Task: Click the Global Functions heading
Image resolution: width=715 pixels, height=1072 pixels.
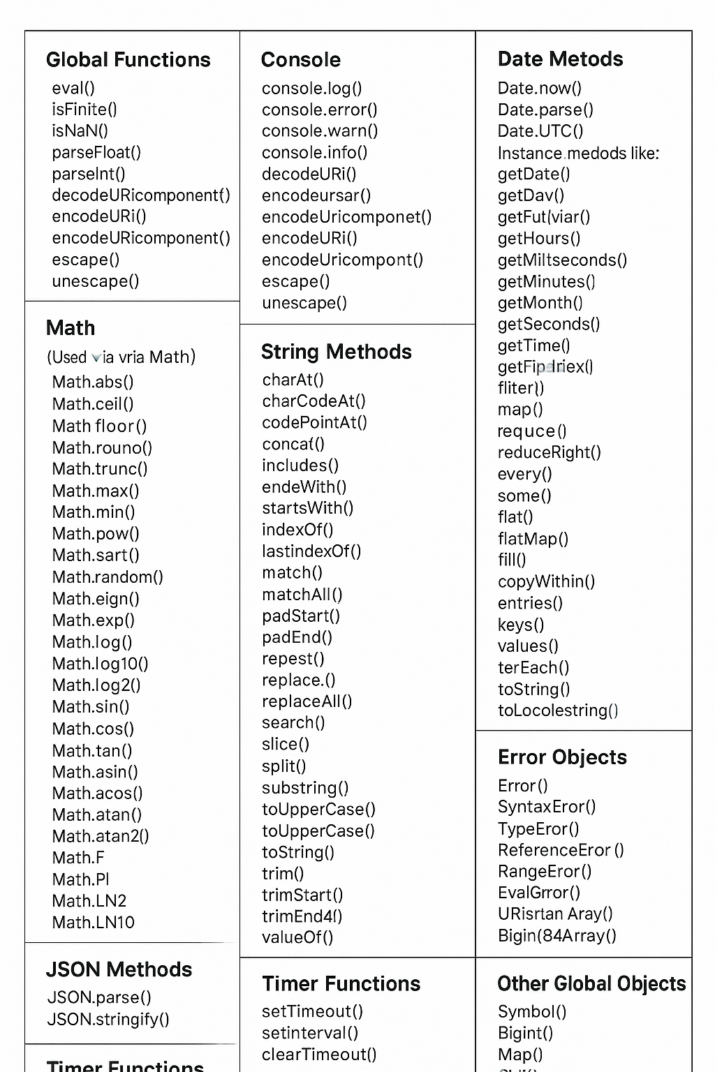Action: coord(128,60)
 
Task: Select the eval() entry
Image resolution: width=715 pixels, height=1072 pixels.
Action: coord(73,88)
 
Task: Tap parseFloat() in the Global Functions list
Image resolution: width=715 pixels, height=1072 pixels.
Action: coord(96,152)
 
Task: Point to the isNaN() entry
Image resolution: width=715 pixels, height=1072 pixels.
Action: coord(80,131)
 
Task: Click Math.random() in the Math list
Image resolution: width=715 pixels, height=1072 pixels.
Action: coord(108,576)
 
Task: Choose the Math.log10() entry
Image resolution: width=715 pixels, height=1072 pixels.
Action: coord(100,663)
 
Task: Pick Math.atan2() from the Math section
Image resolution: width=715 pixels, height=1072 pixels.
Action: coord(101,835)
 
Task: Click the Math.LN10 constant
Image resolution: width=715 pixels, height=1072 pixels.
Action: coord(93,922)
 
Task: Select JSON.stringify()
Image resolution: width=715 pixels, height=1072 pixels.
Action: coord(108,1019)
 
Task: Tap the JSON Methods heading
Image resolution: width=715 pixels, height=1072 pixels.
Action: coord(119,969)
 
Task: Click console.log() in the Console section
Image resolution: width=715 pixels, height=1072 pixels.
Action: coord(311,89)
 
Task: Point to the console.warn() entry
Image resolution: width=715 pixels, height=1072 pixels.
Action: coord(320,131)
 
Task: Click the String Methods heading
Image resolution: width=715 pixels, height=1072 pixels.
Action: coord(336,352)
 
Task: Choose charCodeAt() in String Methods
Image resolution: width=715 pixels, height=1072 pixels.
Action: coord(314,401)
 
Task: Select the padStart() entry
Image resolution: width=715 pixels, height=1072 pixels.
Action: coord(301,616)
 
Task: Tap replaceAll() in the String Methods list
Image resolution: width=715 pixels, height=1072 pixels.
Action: coord(307,701)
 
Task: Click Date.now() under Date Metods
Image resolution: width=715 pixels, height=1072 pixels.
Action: coord(539,88)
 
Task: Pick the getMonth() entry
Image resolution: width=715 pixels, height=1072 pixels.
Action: coord(540,302)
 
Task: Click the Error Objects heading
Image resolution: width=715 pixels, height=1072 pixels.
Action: coord(562,757)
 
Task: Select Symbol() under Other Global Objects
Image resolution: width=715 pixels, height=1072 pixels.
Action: coord(531,1011)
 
